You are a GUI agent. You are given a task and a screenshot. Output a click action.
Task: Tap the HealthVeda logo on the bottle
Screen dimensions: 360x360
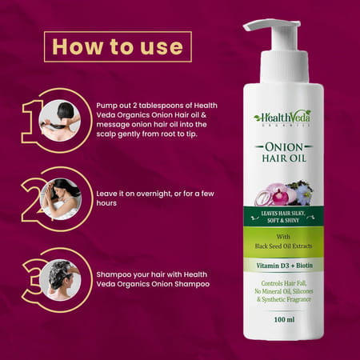pos(282,117)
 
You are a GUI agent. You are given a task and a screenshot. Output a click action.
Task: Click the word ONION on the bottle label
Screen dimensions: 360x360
pos(283,147)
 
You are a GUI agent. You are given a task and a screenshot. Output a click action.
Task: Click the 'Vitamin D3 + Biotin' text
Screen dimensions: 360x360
pos(283,263)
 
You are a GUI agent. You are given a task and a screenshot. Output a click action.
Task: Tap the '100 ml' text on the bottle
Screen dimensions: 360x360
pos(283,318)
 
